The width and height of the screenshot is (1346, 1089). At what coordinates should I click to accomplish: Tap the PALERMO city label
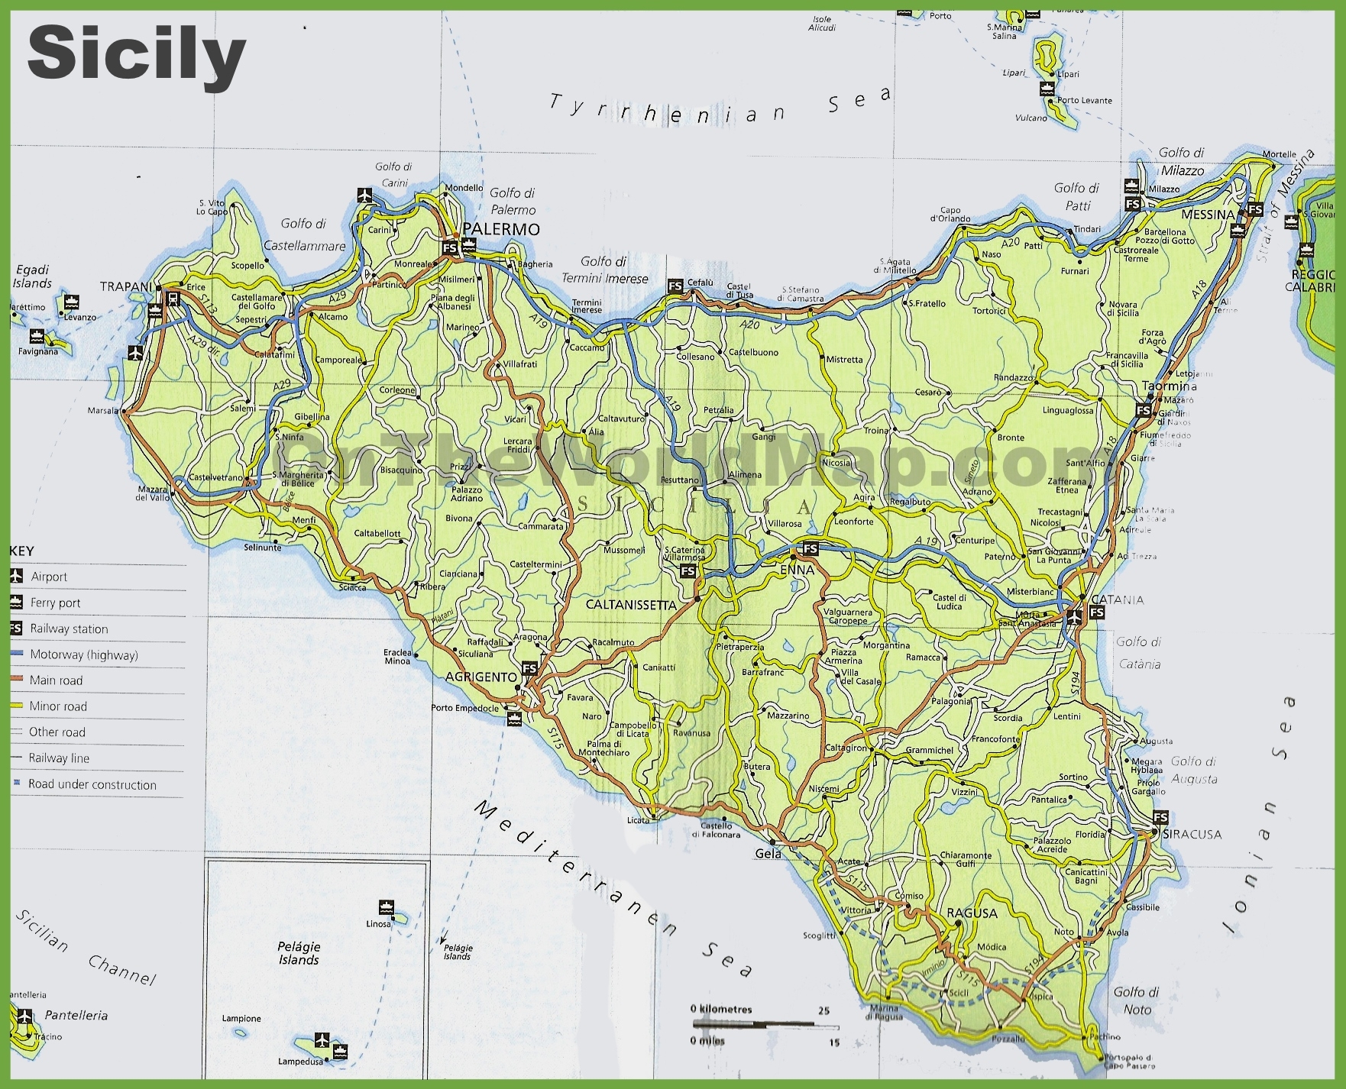click(501, 229)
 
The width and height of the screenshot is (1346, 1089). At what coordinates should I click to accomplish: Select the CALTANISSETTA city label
click(631, 605)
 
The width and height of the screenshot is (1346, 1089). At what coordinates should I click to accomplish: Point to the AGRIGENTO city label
click(481, 677)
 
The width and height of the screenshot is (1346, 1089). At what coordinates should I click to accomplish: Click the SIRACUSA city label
click(1192, 834)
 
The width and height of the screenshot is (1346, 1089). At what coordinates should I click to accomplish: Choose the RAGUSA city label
click(972, 913)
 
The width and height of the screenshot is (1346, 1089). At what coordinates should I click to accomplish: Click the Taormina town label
click(1169, 386)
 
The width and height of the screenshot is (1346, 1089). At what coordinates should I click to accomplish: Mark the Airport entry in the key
click(49, 577)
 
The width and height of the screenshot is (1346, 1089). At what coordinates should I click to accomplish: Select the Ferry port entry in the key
click(55, 603)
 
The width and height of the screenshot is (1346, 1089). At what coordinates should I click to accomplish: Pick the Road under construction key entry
click(92, 784)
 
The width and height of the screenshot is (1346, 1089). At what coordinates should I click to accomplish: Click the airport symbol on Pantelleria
click(24, 1016)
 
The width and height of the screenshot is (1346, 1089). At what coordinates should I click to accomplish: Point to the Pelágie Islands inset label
click(299, 953)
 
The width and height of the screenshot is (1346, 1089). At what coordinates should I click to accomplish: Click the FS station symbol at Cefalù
click(675, 286)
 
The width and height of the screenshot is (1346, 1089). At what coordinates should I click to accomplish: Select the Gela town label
click(768, 854)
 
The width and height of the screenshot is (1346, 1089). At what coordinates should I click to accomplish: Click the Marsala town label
click(103, 411)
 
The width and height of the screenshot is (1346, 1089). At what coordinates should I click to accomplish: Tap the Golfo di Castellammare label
click(304, 234)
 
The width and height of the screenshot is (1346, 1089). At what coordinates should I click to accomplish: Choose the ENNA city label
click(797, 570)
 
